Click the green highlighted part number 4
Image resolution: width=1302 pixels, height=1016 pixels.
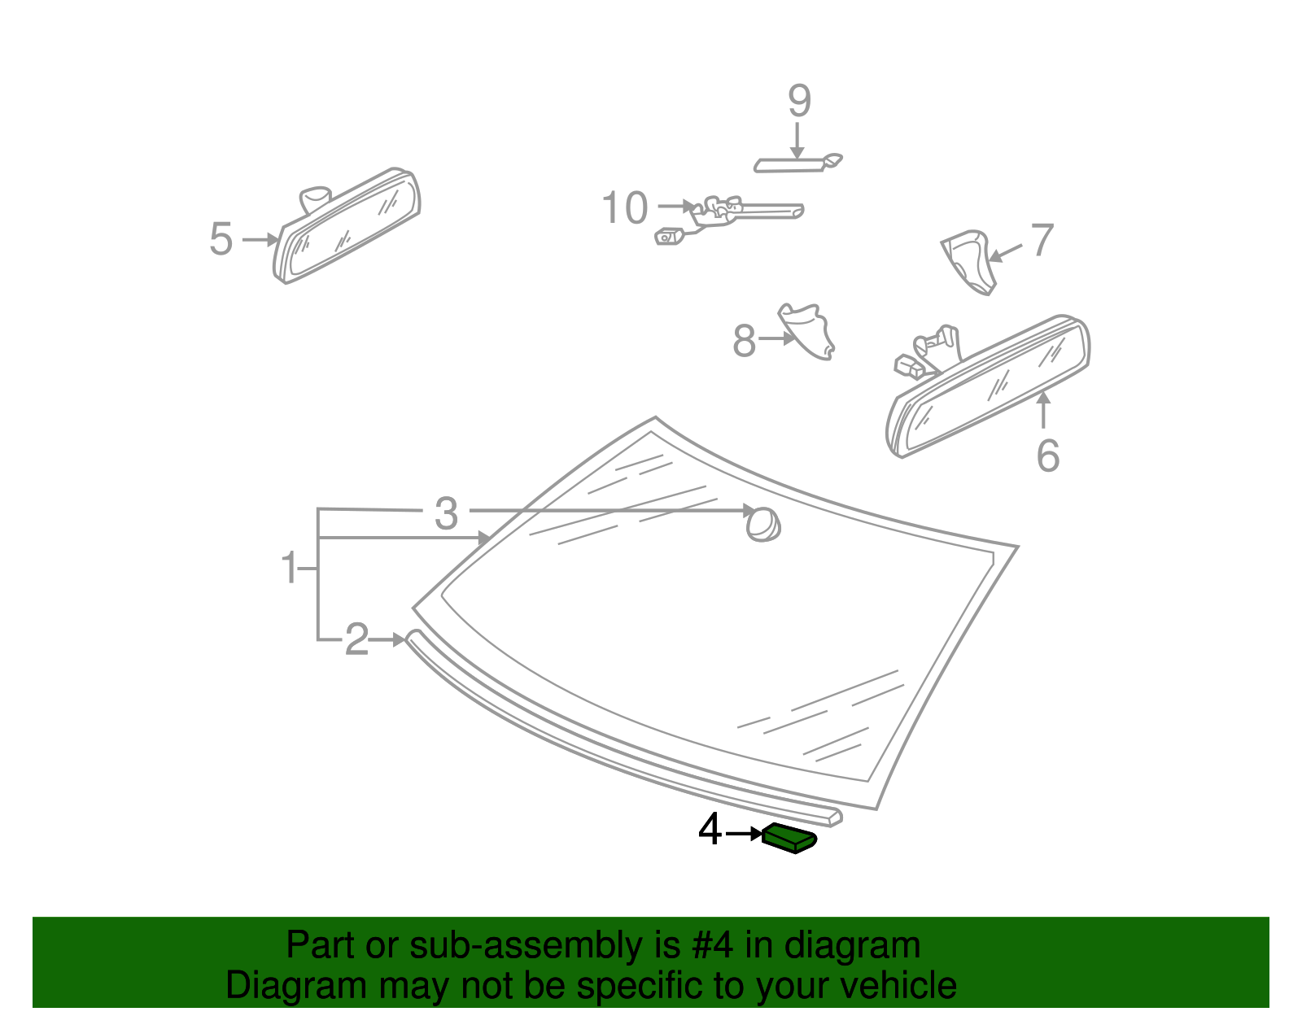coord(789,838)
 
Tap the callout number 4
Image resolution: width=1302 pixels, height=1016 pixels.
coord(710,831)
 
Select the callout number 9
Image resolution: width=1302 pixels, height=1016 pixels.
coord(799,102)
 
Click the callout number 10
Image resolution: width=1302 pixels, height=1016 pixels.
coord(624,208)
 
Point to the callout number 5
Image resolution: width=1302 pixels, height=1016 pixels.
coord(221,239)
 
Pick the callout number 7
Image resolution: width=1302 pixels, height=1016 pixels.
coord(1042,241)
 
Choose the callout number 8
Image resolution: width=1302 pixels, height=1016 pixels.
coord(744,341)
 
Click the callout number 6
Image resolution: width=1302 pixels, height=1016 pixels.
coord(1047,455)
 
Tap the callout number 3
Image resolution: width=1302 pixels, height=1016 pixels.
coord(446,513)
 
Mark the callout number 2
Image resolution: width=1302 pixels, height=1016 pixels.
coord(356,639)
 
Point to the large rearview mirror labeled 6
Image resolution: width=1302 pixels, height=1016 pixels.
coord(989,386)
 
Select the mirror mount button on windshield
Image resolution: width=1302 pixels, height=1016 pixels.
coord(763,525)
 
